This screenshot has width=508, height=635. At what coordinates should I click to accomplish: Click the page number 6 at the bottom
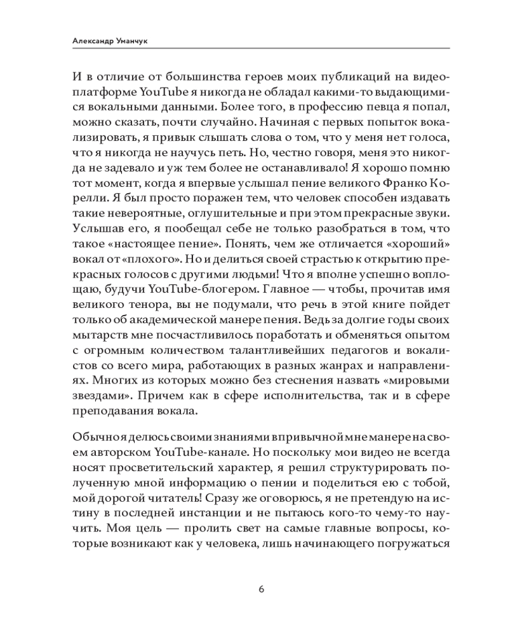pyautogui.click(x=261, y=588)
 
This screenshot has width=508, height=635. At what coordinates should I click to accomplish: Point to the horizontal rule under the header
pyautogui.click(x=254, y=48)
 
